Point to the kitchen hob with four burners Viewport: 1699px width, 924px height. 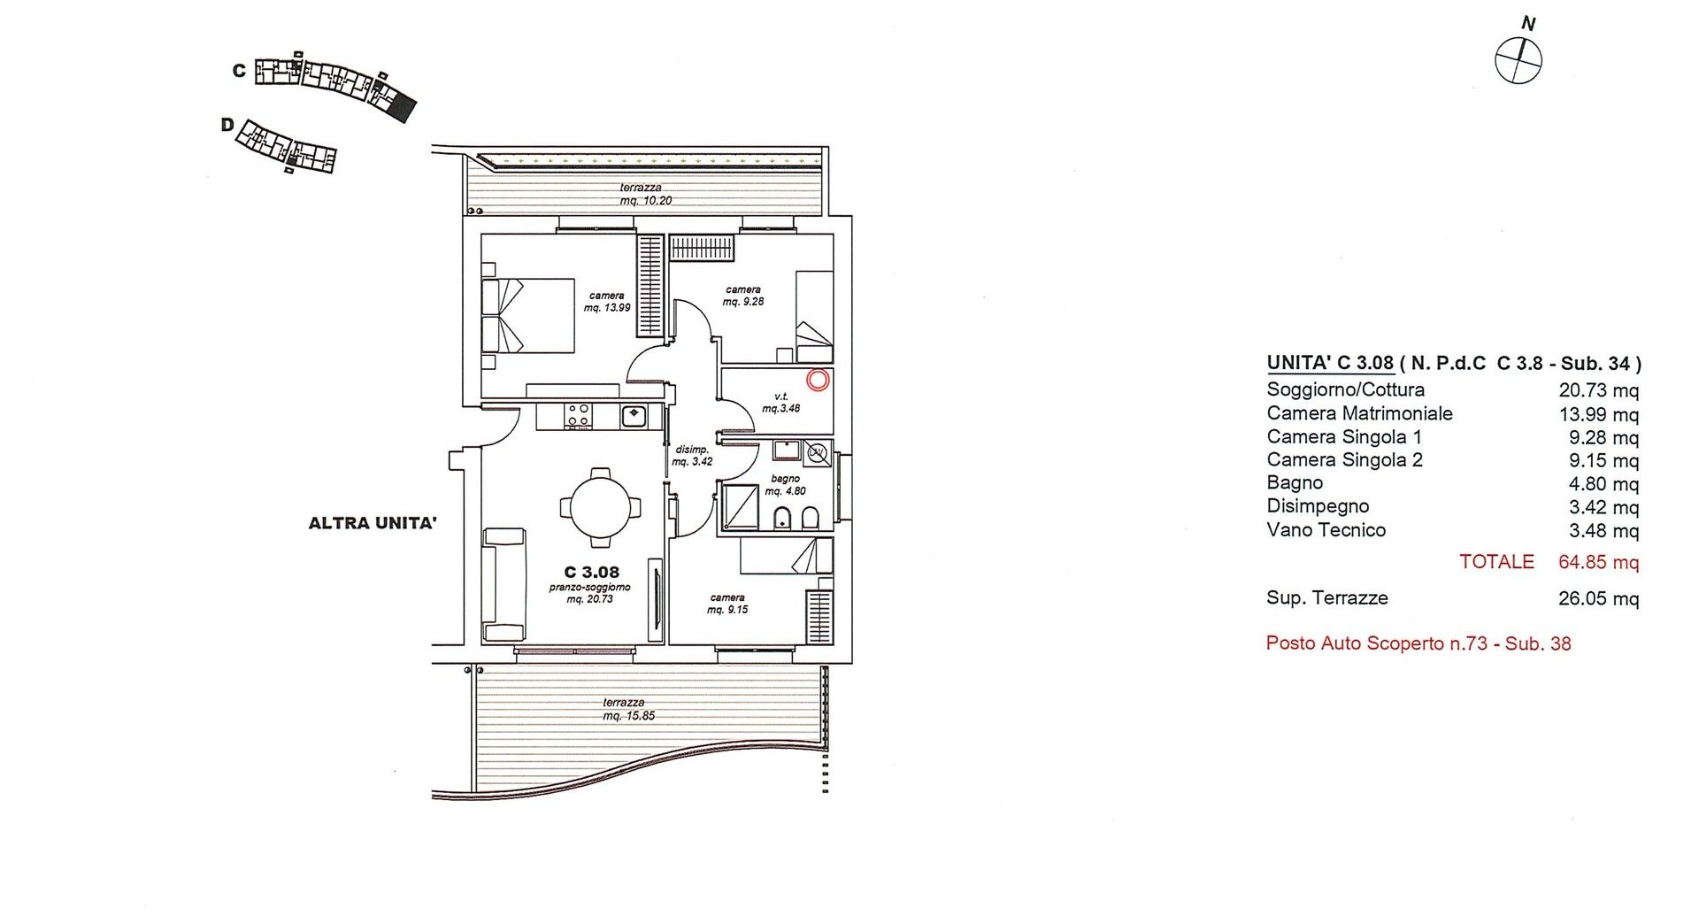[579, 415]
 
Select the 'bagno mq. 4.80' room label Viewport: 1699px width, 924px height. [784, 484]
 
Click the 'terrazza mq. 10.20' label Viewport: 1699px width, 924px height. [646, 194]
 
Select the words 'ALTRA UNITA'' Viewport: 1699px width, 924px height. [373, 523]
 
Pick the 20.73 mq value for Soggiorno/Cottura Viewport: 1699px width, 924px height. [1598, 390]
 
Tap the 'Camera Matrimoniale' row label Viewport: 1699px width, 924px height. [1359, 413]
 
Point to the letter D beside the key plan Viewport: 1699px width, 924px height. [227, 126]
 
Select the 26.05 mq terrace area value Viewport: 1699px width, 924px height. [1598, 599]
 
